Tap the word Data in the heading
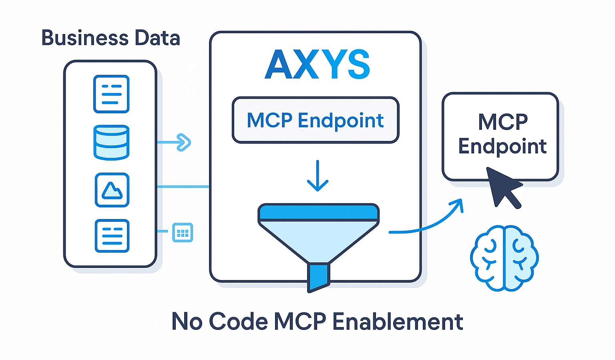click(x=157, y=38)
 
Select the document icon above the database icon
click(x=111, y=94)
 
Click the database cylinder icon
click(x=111, y=143)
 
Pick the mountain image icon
click(x=112, y=190)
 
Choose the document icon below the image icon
click(x=112, y=236)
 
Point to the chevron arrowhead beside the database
click(x=184, y=142)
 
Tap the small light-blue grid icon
click(x=183, y=232)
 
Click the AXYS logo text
click(x=317, y=65)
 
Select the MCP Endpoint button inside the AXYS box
click(x=316, y=120)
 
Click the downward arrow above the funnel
click(x=318, y=176)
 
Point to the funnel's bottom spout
click(x=318, y=276)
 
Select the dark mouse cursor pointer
click(x=502, y=186)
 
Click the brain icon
click(x=504, y=257)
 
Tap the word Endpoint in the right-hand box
click(x=502, y=147)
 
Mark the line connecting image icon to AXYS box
click(x=183, y=187)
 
